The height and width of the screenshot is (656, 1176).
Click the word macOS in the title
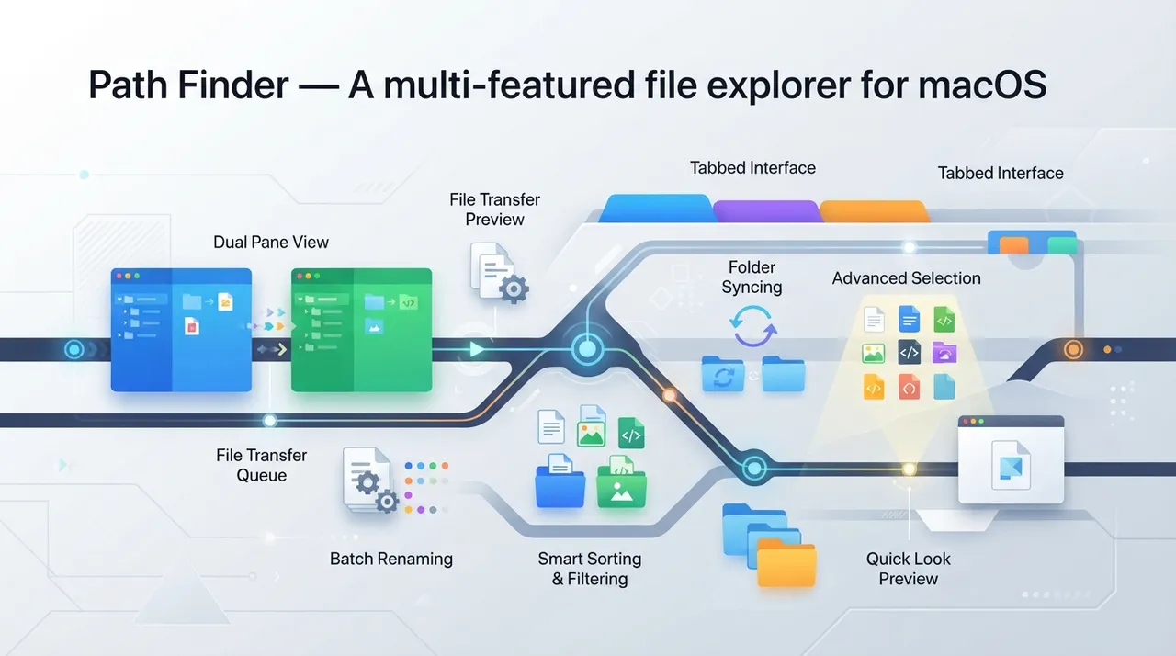pos(982,85)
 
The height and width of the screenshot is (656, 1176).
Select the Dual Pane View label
pos(271,242)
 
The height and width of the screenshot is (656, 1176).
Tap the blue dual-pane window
pos(181,330)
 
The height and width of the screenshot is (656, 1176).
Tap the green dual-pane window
pos(362,330)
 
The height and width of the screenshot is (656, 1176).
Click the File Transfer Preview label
pos(494,209)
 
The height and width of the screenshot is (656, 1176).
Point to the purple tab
pos(766,211)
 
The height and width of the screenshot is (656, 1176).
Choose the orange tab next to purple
pos(873,211)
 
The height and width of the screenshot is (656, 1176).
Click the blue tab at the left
pos(656,209)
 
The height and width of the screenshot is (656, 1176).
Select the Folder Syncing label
pos(752,277)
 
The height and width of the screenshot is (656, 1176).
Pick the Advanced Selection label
pos(907,278)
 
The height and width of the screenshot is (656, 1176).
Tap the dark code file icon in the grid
pos(910,352)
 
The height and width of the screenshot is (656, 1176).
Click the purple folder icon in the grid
pos(944,353)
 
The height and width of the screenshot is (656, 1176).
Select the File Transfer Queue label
pos(262,465)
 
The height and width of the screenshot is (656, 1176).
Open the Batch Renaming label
pos(391,559)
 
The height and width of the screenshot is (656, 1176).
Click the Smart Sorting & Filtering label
pos(590,569)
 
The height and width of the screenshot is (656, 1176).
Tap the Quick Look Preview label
pos(909,569)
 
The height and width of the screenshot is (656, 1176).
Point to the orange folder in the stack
pos(786,564)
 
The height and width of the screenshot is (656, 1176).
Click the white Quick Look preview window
pos(1012,459)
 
